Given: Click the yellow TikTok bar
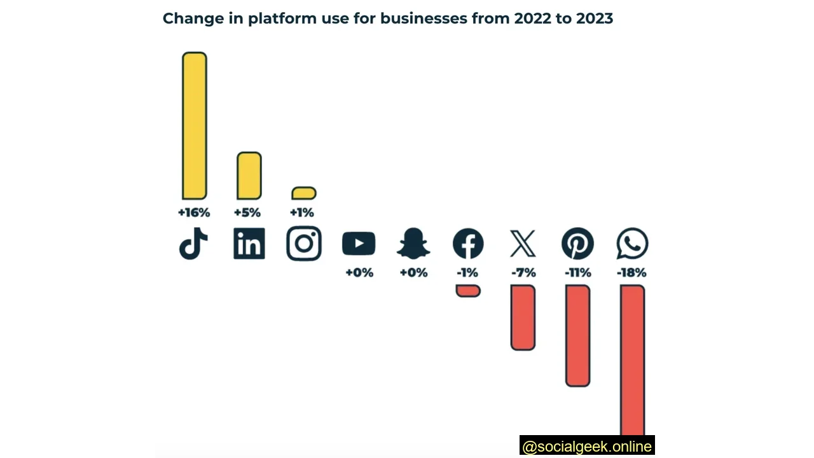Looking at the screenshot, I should (x=195, y=126).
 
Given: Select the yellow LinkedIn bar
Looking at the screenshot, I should (x=249, y=176).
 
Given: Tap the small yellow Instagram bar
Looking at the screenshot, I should (x=304, y=193).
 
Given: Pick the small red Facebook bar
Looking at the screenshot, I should (x=468, y=291).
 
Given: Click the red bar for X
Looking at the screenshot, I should (x=523, y=317).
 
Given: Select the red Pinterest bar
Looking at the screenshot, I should (x=577, y=335).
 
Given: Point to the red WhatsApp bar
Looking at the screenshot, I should (x=632, y=360).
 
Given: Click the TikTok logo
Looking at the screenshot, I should (x=194, y=244).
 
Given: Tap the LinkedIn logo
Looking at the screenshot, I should (x=249, y=244).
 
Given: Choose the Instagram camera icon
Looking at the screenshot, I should (x=304, y=244).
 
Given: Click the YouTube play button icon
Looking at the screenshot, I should (x=359, y=244).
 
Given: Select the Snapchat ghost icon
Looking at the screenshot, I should (x=413, y=244).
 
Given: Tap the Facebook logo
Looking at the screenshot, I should (x=468, y=244).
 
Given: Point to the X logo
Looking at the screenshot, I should (x=523, y=244).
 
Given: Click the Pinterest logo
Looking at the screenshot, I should (x=577, y=244).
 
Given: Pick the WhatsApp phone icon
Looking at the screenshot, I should (x=632, y=244).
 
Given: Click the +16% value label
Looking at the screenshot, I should (x=194, y=212).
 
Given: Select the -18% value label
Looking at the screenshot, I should (x=631, y=273).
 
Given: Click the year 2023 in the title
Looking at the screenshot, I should (x=594, y=18).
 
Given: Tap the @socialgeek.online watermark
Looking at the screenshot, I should (x=586, y=447).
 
